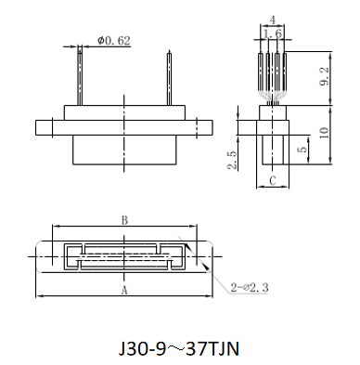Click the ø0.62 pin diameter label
click(114, 41)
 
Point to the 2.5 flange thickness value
click(233, 160)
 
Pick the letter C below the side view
click(273, 180)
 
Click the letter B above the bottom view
click(124, 220)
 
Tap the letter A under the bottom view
click(124, 291)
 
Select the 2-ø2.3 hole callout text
click(250, 288)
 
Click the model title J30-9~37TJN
click(179, 349)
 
